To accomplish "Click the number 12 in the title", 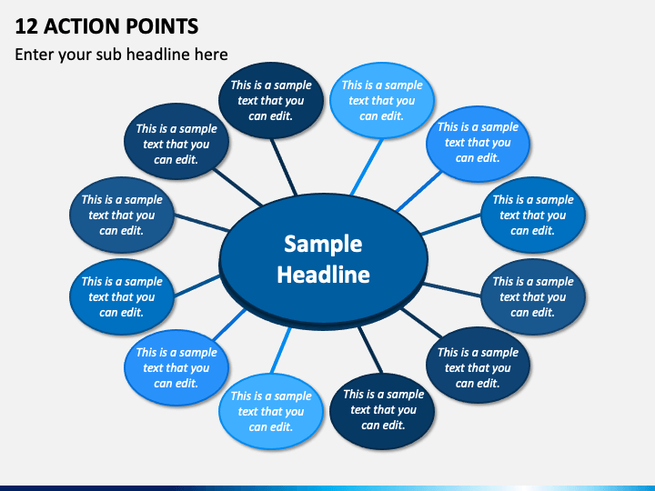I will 26,25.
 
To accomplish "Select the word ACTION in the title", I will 83,25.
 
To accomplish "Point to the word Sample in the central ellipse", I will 323,244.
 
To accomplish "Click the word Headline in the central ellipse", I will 323,275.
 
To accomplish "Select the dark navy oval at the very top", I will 271,100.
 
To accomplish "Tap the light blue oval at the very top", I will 381,100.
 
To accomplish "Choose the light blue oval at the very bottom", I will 271,411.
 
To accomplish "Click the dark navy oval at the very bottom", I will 383,409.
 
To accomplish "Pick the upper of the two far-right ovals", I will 533,215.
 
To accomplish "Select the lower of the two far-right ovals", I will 533,296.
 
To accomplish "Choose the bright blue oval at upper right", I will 478,143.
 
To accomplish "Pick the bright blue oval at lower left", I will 176,367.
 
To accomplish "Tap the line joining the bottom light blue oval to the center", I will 283,346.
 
